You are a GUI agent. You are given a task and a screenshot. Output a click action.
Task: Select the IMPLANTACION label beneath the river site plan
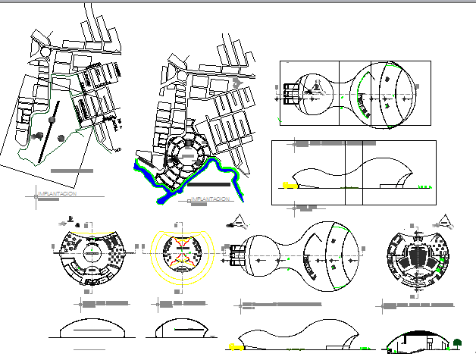(x=210, y=199)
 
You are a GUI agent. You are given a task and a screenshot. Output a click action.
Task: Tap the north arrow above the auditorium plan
(x=445, y=221)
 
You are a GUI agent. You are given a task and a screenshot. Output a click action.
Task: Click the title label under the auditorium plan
(x=417, y=305)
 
